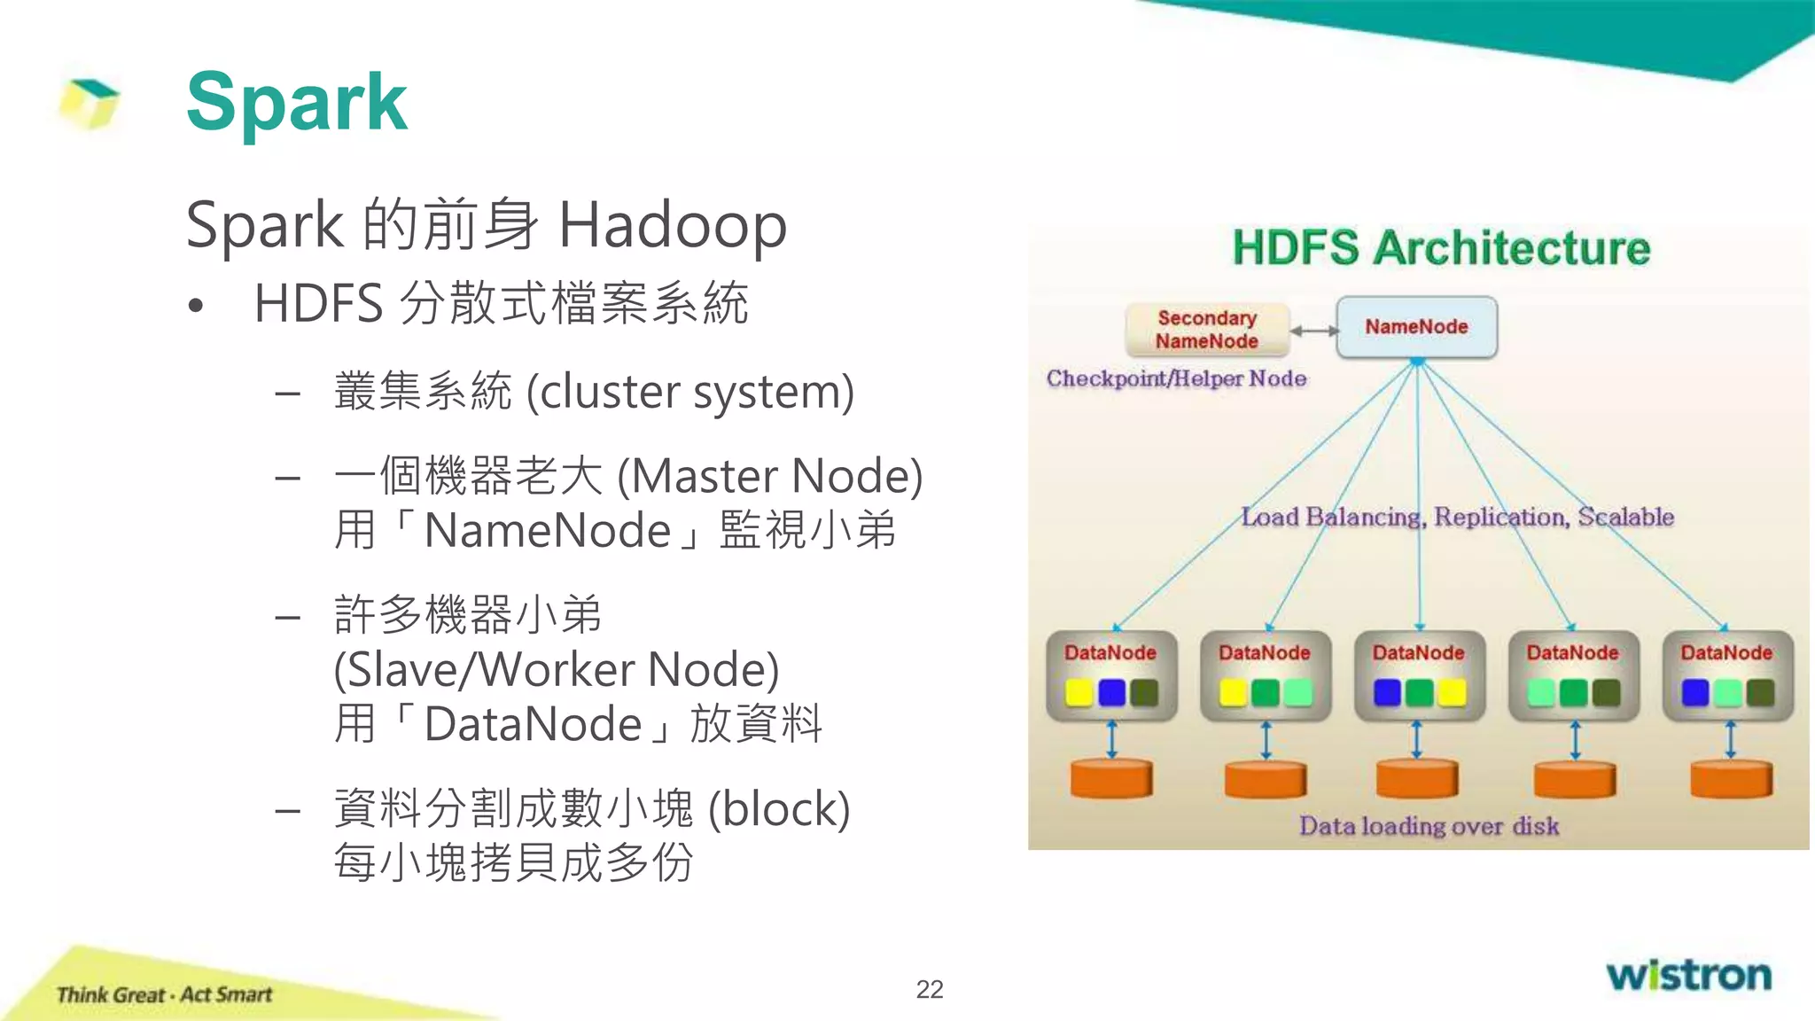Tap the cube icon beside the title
point(90,103)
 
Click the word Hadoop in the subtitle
point(673,225)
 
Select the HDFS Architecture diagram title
point(1441,248)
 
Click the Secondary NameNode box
point(1206,330)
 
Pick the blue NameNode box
point(1416,327)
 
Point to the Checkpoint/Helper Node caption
point(1176,378)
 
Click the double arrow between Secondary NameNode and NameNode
point(1313,331)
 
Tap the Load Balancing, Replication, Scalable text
point(1457,517)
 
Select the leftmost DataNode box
point(1110,674)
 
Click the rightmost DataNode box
point(1726,674)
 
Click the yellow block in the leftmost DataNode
point(1079,692)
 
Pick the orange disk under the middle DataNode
point(1416,779)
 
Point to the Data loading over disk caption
point(1429,826)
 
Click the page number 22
point(929,989)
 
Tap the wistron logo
point(1688,975)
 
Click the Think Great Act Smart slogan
point(164,994)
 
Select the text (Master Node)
point(769,476)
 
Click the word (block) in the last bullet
point(779,808)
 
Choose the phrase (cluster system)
point(689,392)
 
